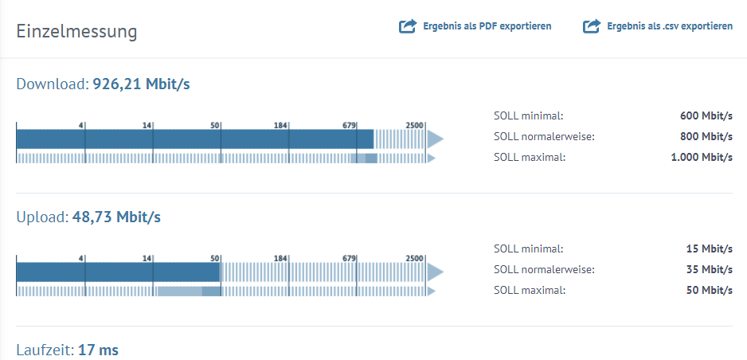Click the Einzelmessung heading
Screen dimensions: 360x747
pyautogui.click(x=76, y=32)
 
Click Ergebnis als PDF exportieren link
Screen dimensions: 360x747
pyautogui.click(x=487, y=26)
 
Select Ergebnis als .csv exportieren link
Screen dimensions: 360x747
pyautogui.click(x=670, y=26)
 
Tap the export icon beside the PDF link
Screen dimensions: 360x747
pyautogui.click(x=408, y=26)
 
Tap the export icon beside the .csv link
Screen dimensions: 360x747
pyautogui.click(x=591, y=26)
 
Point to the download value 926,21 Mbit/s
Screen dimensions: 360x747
pyautogui.click(x=141, y=84)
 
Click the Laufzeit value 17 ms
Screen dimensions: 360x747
pyautogui.click(x=98, y=350)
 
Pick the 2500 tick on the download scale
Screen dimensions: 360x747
pyautogui.click(x=415, y=125)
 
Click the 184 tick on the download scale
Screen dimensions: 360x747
pyautogui.click(x=280, y=125)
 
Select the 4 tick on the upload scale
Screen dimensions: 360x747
pyautogui.click(x=81, y=258)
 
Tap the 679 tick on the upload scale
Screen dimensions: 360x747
pyautogui.click(x=349, y=258)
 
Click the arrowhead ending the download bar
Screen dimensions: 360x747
pyautogui.click(x=434, y=139)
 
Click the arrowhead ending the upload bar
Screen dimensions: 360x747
pyautogui.click(x=434, y=272)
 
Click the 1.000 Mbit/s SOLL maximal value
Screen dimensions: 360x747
pyautogui.click(x=702, y=157)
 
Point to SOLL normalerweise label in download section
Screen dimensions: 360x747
pyautogui.click(x=544, y=136)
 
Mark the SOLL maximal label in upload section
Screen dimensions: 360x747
pyautogui.click(x=530, y=290)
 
